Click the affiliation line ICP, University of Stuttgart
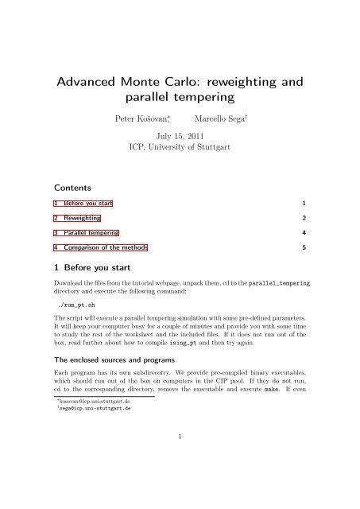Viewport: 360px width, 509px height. pyautogui.click(x=180, y=147)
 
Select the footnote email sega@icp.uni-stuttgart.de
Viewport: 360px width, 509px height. pyautogui.click(x=91, y=463)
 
